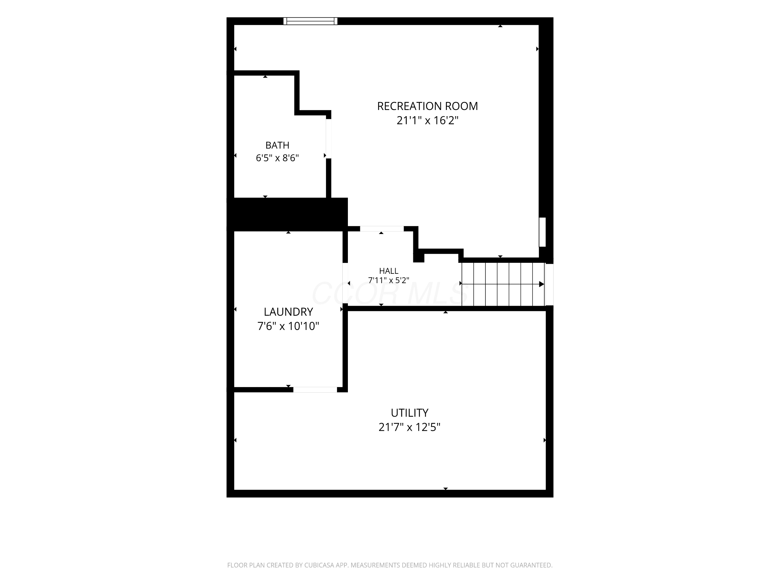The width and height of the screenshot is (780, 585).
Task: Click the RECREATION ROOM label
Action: tap(427, 106)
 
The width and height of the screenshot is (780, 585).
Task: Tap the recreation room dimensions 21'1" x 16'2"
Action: tap(427, 121)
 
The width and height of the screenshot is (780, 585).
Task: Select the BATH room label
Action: tap(277, 145)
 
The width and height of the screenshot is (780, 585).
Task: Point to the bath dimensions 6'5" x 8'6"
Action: tap(277, 158)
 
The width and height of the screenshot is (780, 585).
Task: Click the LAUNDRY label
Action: tap(288, 312)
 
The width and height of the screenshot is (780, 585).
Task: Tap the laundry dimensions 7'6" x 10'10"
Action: tap(288, 326)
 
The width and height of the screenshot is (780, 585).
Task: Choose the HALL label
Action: tap(389, 271)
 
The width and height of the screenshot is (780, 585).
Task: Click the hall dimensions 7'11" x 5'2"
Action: tap(389, 280)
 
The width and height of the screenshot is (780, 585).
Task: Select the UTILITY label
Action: tap(409, 413)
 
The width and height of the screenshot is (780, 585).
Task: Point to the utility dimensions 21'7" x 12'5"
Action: tap(409, 427)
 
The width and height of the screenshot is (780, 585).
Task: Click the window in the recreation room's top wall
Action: tap(310, 21)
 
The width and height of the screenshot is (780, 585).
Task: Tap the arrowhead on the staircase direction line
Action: tap(542, 284)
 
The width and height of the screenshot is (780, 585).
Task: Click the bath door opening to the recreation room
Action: tap(328, 139)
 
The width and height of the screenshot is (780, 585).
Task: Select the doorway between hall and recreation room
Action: tap(381, 229)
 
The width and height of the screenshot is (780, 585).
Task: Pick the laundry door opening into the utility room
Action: tap(315, 390)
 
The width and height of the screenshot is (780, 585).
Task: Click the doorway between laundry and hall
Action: tap(345, 283)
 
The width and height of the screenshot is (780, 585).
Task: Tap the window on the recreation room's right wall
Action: tap(543, 232)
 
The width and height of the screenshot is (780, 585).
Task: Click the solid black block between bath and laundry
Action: tap(287, 214)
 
